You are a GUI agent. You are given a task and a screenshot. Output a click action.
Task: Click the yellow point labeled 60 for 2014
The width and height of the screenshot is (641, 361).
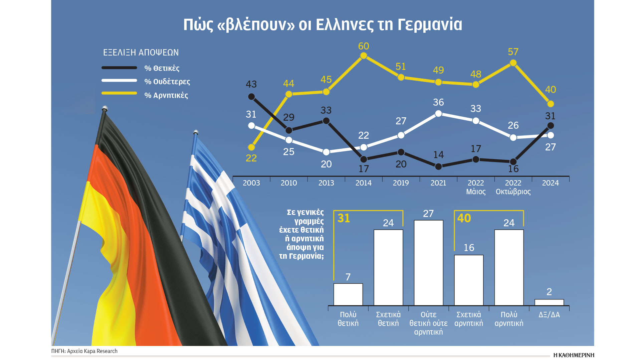pyautogui.click(x=364, y=56)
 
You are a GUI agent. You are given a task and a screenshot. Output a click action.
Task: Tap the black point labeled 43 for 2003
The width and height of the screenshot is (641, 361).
pyautogui.click(x=251, y=97)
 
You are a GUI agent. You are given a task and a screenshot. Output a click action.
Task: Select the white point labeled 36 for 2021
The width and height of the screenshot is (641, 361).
pyautogui.click(x=438, y=114)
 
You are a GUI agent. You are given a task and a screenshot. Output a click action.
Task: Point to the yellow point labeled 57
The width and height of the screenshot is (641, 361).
pyautogui.click(x=513, y=63)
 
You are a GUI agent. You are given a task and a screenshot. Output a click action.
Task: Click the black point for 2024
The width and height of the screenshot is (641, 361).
pyautogui.click(x=551, y=126)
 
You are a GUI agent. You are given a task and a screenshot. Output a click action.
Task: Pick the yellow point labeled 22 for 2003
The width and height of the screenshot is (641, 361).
pyautogui.click(x=251, y=147)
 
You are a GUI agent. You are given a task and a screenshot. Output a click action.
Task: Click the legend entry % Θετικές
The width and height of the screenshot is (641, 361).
pyautogui.click(x=162, y=68)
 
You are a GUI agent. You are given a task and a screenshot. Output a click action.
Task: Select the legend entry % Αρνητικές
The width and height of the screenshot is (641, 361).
pyautogui.click(x=166, y=95)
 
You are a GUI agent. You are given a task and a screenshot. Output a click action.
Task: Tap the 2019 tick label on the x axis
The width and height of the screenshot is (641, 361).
pyautogui.click(x=401, y=183)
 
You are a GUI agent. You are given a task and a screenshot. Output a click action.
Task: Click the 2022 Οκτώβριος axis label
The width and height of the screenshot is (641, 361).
pyautogui.click(x=513, y=187)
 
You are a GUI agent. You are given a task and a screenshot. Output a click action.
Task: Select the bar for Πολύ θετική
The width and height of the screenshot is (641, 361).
pyautogui.click(x=348, y=294)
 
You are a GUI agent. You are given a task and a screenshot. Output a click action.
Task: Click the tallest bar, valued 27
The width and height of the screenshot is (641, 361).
pyautogui.click(x=428, y=262)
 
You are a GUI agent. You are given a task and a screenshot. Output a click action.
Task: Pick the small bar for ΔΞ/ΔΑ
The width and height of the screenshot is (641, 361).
pyautogui.click(x=549, y=302)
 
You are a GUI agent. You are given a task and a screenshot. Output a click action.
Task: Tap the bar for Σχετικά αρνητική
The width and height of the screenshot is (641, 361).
pyautogui.click(x=469, y=280)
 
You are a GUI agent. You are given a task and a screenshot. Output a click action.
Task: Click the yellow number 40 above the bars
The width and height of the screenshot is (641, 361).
pyautogui.click(x=464, y=218)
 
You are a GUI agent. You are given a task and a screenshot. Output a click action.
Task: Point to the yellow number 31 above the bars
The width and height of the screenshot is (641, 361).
pyautogui.click(x=344, y=218)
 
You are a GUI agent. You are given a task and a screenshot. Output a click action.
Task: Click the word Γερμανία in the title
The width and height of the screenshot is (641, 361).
pyautogui.click(x=430, y=24)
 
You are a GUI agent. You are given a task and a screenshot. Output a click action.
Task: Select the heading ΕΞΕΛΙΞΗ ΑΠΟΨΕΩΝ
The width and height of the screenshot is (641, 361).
pyautogui.click(x=141, y=52)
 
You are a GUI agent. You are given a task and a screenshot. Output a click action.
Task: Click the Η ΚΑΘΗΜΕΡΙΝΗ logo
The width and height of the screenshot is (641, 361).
pyautogui.click(x=574, y=355)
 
